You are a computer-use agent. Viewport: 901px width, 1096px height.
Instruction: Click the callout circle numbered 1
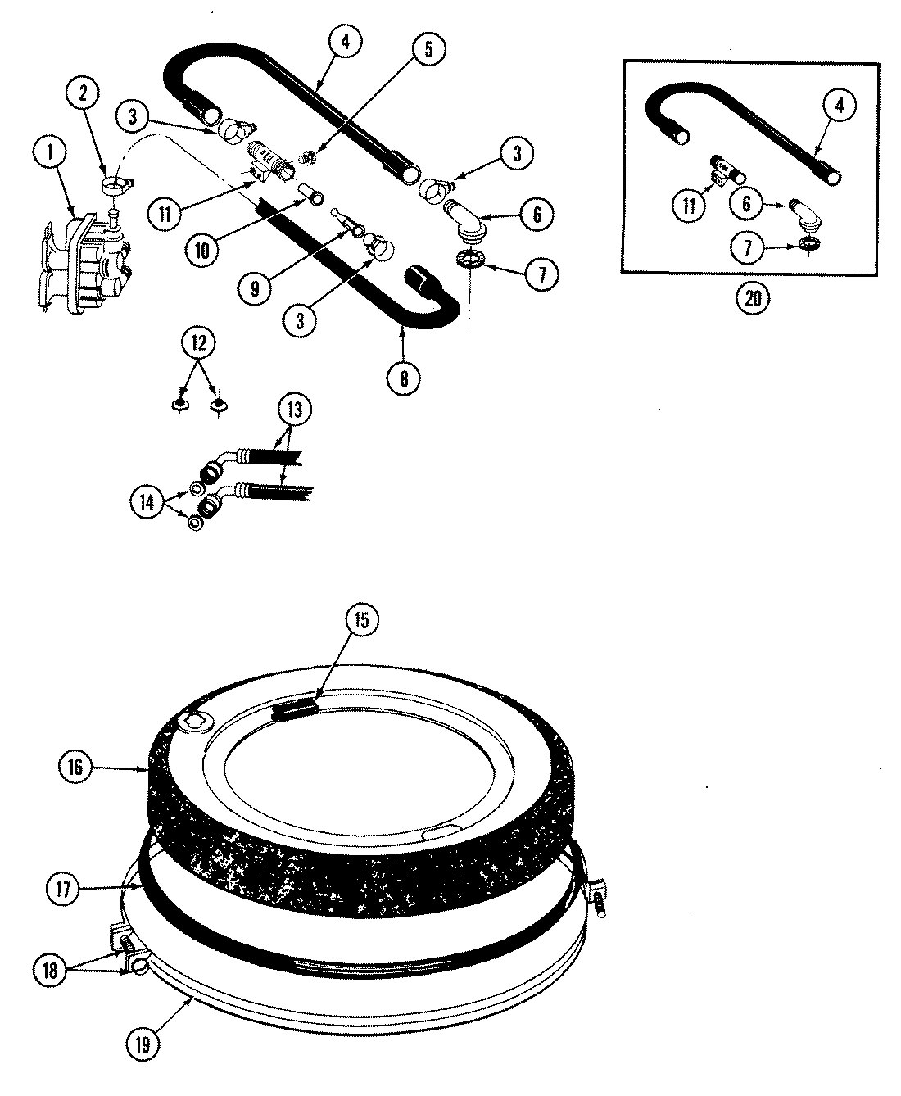pyautogui.click(x=52, y=152)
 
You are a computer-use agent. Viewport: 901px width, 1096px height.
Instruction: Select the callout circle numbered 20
pyautogui.click(x=753, y=298)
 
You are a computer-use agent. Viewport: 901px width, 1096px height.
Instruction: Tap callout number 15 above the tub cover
pyautogui.click(x=361, y=620)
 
